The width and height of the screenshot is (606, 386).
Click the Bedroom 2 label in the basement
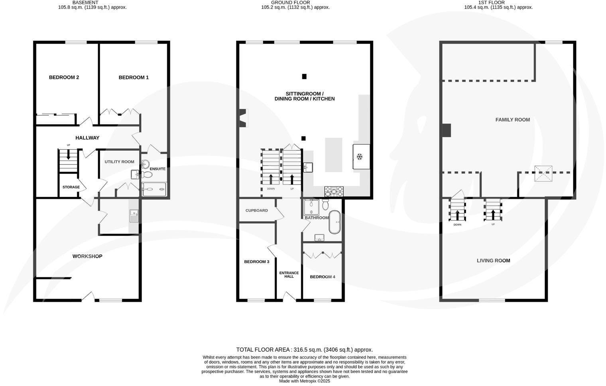(64, 77)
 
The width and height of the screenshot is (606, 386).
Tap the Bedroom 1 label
(134, 77)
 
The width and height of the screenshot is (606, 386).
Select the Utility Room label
(119, 162)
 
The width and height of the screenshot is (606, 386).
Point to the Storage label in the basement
(71, 187)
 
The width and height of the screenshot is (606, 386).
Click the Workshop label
(87, 256)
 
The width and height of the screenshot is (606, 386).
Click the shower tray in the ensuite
(154, 189)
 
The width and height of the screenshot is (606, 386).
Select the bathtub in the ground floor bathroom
(334, 222)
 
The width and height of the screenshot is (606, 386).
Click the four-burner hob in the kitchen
(333, 192)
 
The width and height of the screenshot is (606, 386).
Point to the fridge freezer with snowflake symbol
(361, 157)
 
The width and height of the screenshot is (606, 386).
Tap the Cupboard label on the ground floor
(256, 211)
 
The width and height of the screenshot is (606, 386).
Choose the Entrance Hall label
(289, 275)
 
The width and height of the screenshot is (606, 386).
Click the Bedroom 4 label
(323, 277)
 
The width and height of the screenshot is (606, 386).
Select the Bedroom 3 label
(256, 262)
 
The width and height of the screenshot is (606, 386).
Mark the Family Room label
(512, 120)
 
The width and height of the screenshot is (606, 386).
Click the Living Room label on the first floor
(493, 261)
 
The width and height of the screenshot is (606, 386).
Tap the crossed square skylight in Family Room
(543, 173)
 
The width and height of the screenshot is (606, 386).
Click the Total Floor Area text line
(304, 350)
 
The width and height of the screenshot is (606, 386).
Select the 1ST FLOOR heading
(491, 2)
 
